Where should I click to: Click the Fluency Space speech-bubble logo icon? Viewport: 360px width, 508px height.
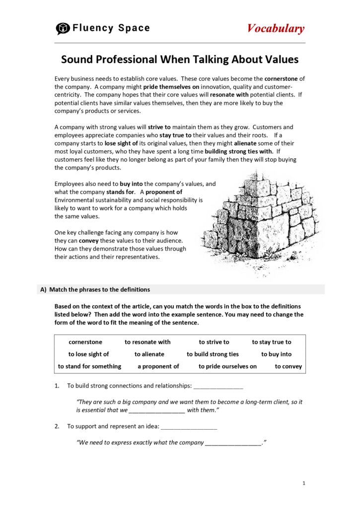tap(63, 29)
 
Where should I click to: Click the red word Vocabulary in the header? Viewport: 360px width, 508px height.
tap(276, 29)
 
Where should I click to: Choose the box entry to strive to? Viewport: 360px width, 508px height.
tap(214, 342)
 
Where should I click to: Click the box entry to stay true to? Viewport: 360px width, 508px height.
tap(271, 342)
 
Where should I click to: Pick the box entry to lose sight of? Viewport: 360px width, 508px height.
tap(88, 354)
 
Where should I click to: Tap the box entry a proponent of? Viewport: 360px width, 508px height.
tap(158, 367)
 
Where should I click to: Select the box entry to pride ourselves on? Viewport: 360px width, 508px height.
tap(227, 367)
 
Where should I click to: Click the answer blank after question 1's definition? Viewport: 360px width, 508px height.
tap(218, 386)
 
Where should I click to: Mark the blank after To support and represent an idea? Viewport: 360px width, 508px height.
tap(189, 426)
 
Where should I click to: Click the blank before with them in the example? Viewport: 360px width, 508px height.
tap(156, 410)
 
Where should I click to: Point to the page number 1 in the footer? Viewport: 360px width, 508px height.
tap(303, 483)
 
